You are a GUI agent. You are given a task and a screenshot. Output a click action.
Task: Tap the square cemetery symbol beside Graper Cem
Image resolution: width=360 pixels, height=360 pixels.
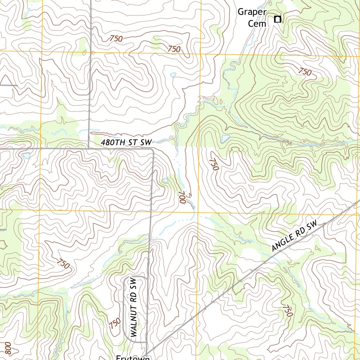coord(277,19)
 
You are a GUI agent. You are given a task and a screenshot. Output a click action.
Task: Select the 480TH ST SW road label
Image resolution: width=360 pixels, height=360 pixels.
coord(126,143)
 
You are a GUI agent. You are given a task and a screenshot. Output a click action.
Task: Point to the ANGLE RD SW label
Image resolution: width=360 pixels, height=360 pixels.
coord(295,236)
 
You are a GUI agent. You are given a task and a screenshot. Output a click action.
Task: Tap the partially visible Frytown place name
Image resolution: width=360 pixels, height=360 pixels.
coord(133,357)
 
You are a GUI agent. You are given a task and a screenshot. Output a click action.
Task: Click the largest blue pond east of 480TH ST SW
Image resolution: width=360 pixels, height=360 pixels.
coord(225,139)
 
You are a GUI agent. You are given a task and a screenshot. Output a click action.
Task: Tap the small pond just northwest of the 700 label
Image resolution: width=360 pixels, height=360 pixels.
coord(165,180)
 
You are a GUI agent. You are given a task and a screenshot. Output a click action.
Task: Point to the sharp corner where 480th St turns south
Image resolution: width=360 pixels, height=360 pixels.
coord(153,150)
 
